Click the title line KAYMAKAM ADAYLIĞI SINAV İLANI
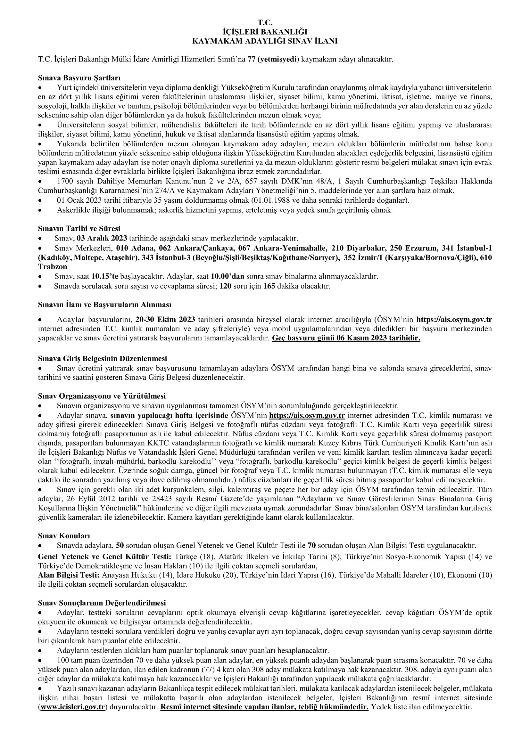point(265,41)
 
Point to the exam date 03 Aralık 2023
point(102,238)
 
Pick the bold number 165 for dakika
point(269,286)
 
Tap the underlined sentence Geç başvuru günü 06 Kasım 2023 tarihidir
point(346,338)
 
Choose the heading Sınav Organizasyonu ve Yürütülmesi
point(102,396)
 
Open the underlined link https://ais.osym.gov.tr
point(307,416)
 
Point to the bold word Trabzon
point(53,266)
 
